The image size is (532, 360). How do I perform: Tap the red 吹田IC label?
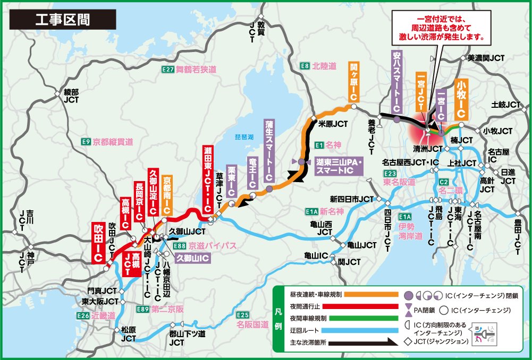pyautogui.click(x=98, y=242)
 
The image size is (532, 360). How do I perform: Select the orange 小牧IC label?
pyautogui.click(x=461, y=99)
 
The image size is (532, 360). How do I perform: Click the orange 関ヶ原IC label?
pyautogui.click(x=354, y=82)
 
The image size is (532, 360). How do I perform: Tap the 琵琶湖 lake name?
pyautogui.click(x=245, y=137)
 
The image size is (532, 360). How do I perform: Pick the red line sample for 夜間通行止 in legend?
pyautogui.click(x=371, y=306)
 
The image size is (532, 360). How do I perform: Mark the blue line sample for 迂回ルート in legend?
pyautogui.click(x=371, y=330)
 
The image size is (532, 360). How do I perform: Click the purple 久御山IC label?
pyautogui.click(x=192, y=258)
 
